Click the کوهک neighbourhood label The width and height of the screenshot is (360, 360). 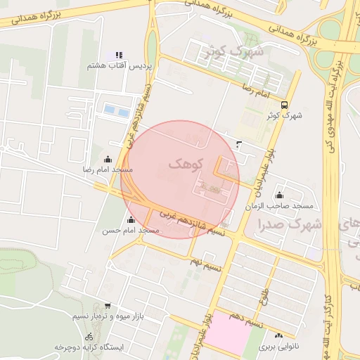point(186,164)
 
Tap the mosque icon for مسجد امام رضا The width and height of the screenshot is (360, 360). point(108,159)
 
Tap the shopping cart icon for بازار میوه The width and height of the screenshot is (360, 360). point(107,306)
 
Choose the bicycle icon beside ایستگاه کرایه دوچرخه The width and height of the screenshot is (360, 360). point(89,337)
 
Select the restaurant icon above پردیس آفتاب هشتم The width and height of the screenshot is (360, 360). point(119,54)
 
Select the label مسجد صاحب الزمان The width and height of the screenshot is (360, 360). point(278,206)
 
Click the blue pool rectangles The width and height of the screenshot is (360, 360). point(117,110)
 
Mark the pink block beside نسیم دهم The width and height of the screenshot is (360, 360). point(231,332)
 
